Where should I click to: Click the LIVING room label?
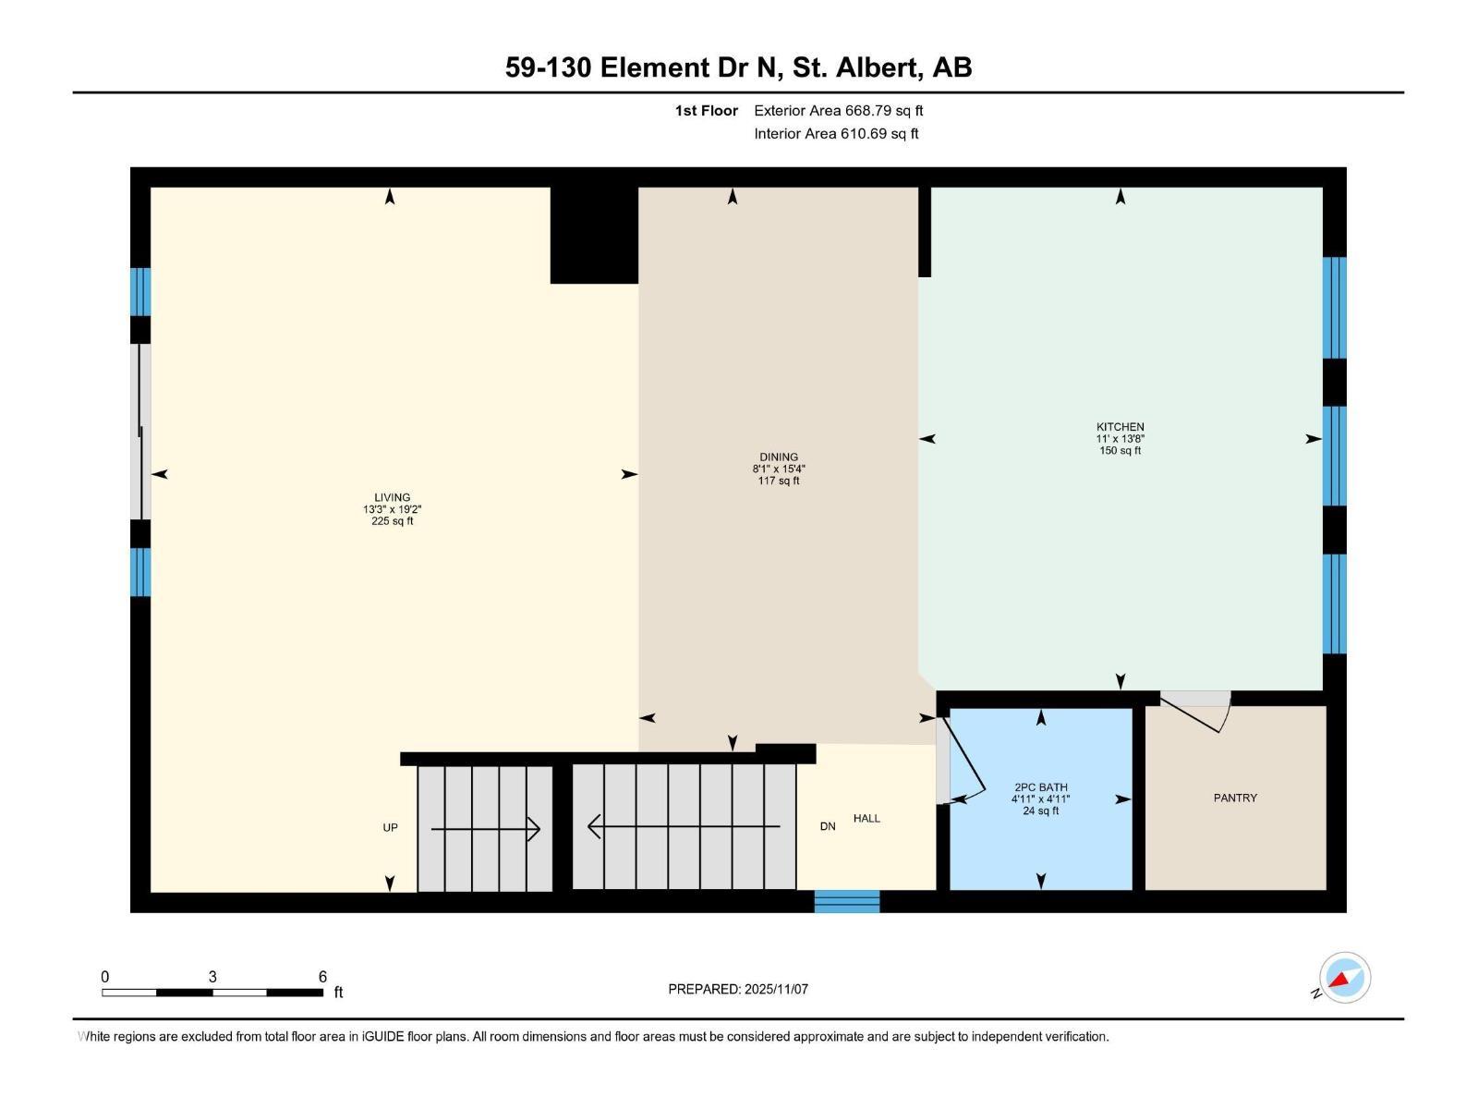tap(392, 498)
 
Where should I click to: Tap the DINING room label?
tap(779, 457)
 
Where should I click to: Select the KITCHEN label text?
tap(1120, 427)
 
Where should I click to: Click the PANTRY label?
tap(1235, 798)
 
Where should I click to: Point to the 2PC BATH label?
tap(1040, 787)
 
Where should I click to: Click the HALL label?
tap(866, 818)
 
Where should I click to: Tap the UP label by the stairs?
tap(390, 827)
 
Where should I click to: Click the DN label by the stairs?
tap(828, 826)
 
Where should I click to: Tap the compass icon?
tap(1344, 978)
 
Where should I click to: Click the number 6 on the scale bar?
tap(322, 977)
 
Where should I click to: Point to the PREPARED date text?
tap(738, 989)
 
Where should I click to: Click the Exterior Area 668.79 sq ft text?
tap(838, 111)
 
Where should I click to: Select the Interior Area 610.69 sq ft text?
tap(836, 133)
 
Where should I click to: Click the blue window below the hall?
tap(846, 900)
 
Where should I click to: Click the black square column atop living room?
tap(594, 236)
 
